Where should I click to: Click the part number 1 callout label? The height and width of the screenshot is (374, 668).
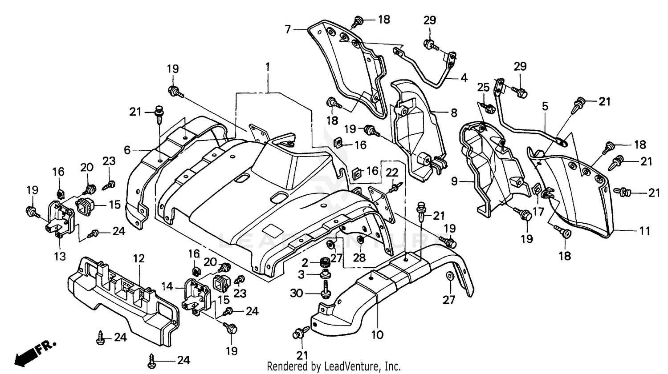click(x=268, y=67)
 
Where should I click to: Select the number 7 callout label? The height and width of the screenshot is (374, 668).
click(x=288, y=29)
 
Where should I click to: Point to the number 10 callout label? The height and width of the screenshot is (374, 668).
click(x=377, y=334)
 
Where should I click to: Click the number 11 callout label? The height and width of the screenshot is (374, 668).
click(x=644, y=231)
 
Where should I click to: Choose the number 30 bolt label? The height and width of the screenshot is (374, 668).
click(x=296, y=293)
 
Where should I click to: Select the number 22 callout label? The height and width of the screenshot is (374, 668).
click(x=391, y=172)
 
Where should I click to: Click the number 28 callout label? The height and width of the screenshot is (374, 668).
click(x=359, y=257)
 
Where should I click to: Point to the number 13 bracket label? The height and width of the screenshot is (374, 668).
click(x=60, y=256)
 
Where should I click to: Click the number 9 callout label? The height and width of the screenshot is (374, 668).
click(x=454, y=181)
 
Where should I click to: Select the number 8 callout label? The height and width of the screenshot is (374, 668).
click(x=453, y=113)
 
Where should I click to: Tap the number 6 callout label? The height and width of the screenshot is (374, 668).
click(x=127, y=150)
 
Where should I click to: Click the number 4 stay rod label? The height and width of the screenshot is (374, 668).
click(x=464, y=78)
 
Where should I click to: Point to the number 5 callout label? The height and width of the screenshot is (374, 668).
click(x=545, y=106)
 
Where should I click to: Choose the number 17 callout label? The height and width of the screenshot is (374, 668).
click(x=538, y=212)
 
